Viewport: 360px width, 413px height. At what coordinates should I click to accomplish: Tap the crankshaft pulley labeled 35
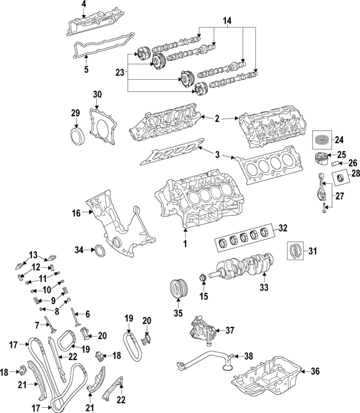[178, 290]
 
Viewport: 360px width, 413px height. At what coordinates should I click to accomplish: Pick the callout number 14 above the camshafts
[228, 22]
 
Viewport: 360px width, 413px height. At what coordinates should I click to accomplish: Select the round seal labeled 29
[75, 137]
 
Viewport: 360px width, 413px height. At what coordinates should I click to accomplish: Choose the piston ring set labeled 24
[323, 140]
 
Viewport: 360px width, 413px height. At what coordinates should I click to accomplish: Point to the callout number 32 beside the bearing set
[283, 228]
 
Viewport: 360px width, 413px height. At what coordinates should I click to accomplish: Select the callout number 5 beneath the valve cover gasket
[86, 70]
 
